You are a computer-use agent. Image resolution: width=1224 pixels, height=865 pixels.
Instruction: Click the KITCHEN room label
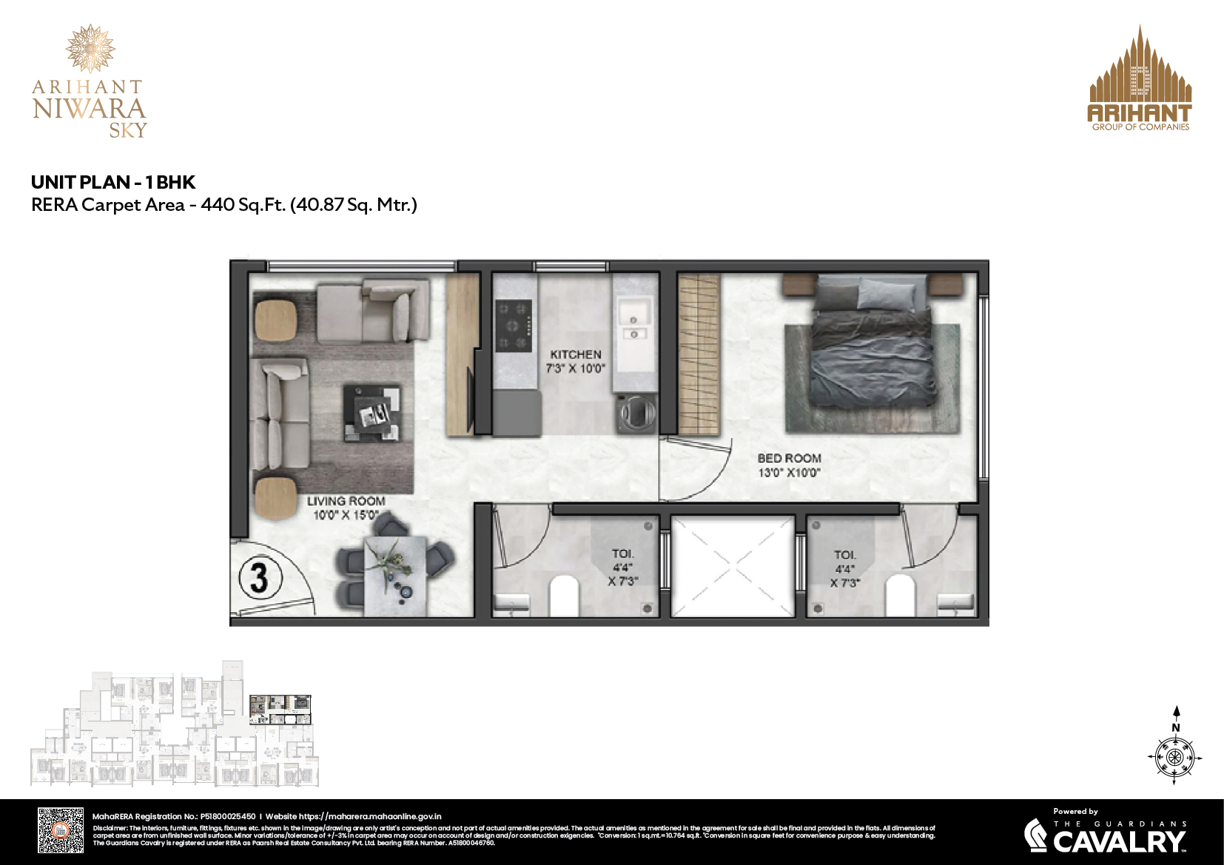(x=576, y=355)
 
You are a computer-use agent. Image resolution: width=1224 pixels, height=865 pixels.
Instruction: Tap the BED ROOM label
(x=789, y=459)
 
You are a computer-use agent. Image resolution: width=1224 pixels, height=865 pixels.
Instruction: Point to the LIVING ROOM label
(x=346, y=502)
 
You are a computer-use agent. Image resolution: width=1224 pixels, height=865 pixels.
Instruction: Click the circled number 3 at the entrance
(x=258, y=577)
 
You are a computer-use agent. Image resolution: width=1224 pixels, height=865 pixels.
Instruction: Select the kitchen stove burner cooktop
(x=514, y=325)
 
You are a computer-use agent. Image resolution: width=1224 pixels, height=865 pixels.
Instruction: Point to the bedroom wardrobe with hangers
(x=699, y=354)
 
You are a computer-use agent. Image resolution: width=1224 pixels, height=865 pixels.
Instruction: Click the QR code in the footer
(x=61, y=830)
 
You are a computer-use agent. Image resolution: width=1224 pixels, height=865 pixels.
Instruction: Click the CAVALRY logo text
(x=1118, y=841)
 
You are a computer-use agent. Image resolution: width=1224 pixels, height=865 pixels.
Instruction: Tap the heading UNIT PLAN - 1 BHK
(x=113, y=182)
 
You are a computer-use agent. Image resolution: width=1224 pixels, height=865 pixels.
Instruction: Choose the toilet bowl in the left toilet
(x=564, y=596)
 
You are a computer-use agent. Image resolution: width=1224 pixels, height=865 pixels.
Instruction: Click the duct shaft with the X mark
(x=732, y=567)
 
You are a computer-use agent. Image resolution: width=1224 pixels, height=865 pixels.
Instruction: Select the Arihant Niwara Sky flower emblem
(x=90, y=48)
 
